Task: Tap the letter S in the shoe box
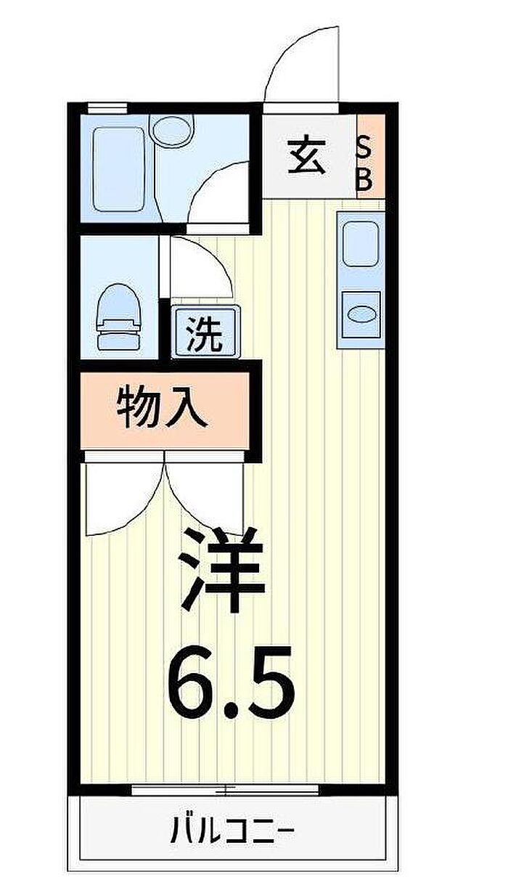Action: [364, 150]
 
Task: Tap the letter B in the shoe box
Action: [364, 179]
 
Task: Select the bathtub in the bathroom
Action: [118, 169]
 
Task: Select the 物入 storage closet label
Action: [163, 411]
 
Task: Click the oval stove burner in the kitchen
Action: [361, 314]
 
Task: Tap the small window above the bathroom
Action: [107, 107]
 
